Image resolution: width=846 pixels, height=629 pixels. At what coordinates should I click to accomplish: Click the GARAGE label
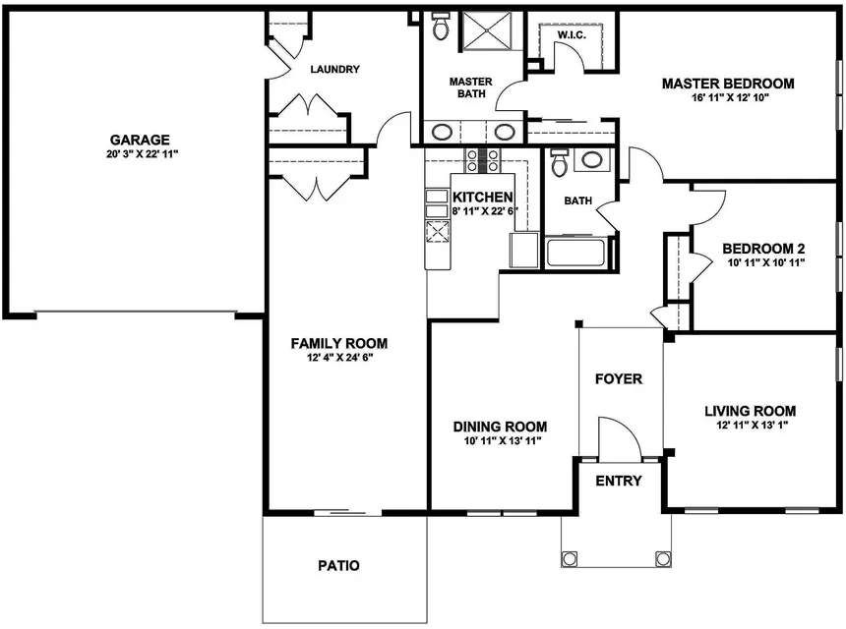click(139, 140)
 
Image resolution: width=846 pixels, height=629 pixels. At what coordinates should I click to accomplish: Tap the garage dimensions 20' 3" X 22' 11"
click(139, 154)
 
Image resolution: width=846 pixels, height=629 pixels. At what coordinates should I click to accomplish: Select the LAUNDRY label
click(334, 70)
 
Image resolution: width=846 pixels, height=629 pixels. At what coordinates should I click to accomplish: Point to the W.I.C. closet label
click(572, 34)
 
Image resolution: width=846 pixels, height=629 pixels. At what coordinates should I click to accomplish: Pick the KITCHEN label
click(482, 197)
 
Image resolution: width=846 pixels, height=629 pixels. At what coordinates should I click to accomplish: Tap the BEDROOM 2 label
click(764, 249)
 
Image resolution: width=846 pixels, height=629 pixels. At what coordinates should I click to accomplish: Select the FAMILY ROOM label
click(338, 343)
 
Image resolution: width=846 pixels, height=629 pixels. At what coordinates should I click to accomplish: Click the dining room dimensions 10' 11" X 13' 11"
click(500, 441)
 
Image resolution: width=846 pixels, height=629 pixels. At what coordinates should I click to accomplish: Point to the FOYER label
click(620, 378)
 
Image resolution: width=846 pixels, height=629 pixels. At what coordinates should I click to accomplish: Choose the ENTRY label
click(619, 481)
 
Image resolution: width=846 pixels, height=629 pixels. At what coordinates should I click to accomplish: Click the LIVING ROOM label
click(750, 411)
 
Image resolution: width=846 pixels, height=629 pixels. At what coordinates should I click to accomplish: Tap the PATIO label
click(337, 566)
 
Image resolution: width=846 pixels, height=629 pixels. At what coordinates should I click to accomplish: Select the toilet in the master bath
click(439, 27)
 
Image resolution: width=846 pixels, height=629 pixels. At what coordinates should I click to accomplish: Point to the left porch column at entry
click(570, 558)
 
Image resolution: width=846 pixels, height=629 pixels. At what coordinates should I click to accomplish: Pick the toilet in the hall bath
click(560, 162)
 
